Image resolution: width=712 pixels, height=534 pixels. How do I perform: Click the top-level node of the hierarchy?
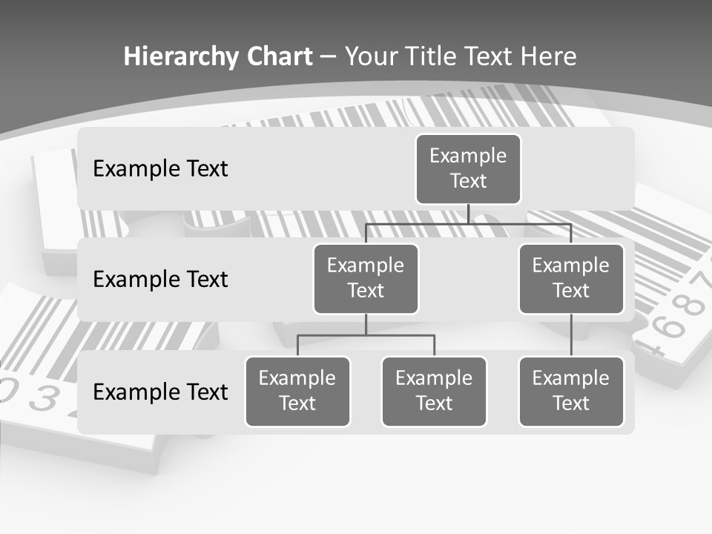468,168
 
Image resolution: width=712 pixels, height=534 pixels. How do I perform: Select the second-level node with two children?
366,278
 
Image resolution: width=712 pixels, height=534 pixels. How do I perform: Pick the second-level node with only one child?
571,278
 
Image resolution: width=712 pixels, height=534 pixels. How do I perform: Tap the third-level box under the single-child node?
571,391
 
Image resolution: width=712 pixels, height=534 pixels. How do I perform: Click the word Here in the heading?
548,56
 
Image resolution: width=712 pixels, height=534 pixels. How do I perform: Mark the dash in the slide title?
329,56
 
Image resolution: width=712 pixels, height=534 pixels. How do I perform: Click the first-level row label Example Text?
160,168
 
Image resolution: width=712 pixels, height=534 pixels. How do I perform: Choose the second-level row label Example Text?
160,279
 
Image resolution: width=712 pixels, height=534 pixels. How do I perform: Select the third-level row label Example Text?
160,392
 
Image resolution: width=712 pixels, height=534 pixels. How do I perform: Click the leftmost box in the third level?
297,391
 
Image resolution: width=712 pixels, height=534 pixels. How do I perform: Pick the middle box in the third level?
434,391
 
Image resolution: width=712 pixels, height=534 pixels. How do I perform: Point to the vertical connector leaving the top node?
468,214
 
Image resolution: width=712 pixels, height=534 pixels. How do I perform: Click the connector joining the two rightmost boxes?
571,335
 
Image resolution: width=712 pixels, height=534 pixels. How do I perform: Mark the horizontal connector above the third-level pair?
366,335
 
